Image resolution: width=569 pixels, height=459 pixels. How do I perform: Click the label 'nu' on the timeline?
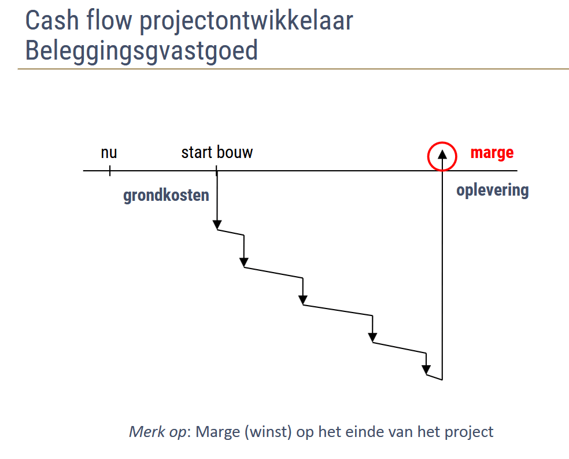coord(109,153)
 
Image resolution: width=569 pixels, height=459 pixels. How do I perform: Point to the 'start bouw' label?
coord(217,152)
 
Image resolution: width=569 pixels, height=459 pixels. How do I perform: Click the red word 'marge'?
coord(492,153)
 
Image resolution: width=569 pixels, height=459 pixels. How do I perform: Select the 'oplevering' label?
coord(493,190)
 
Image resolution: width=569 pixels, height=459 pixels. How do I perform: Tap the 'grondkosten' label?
coord(166,196)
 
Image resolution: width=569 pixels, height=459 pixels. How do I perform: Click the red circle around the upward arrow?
coord(428,156)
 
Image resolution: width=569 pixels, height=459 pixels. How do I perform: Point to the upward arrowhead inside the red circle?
coord(442,155)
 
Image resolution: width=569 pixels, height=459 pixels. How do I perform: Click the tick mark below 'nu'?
coord(110,171)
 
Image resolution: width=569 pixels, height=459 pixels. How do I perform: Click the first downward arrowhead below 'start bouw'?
coord(217,225)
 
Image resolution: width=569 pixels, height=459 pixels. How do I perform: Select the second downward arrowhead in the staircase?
coord(244,263)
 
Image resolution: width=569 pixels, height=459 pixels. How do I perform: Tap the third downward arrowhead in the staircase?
coord(303,300)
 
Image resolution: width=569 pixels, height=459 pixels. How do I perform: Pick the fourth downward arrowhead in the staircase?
coord(372,337)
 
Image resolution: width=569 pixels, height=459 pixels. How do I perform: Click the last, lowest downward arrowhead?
coord(426,370)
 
